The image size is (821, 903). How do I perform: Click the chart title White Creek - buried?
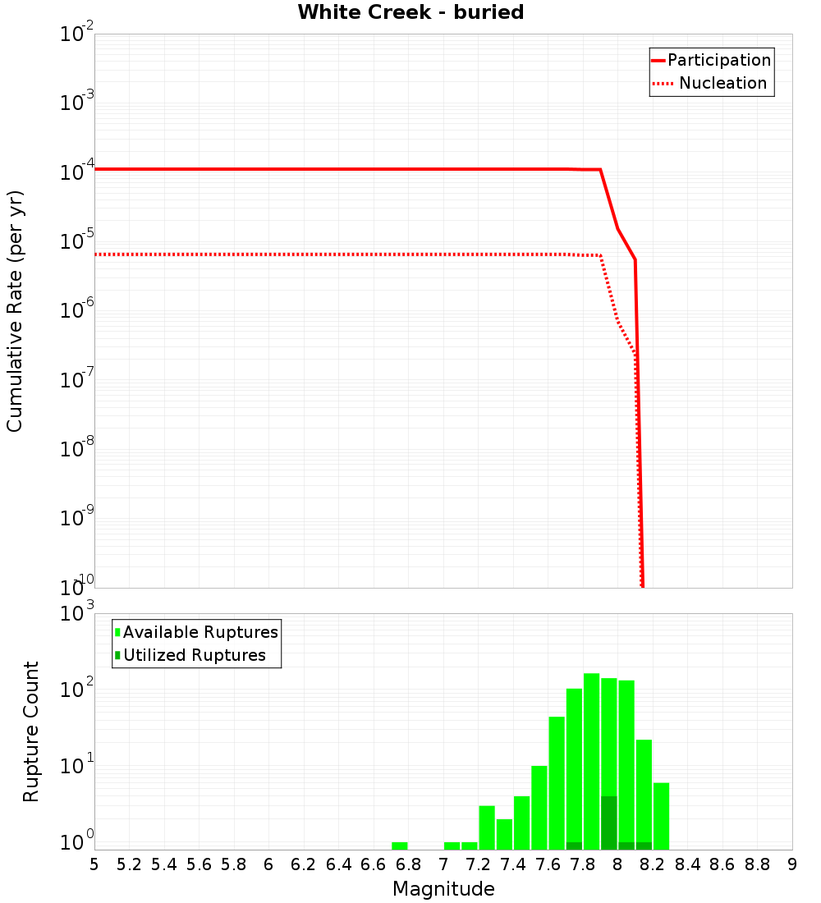(410, 12)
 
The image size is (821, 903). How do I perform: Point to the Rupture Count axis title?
(31, 731)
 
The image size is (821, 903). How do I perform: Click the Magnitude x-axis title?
(443, 889)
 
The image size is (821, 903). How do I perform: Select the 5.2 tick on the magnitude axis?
(130, 864)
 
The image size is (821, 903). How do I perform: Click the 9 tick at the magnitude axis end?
(792, 864)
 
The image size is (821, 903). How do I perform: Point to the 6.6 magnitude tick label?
(374, 864)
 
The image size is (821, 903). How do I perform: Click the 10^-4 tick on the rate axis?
(77, 171)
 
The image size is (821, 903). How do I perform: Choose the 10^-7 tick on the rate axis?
(77, 378)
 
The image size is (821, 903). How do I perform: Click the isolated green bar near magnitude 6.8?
(400, 846)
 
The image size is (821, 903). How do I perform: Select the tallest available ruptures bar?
(592, 762)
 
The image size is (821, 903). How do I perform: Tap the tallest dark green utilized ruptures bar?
(609, 823)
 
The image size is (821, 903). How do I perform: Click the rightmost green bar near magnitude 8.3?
(661, 816)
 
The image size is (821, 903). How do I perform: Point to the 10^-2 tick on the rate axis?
(77, 34)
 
